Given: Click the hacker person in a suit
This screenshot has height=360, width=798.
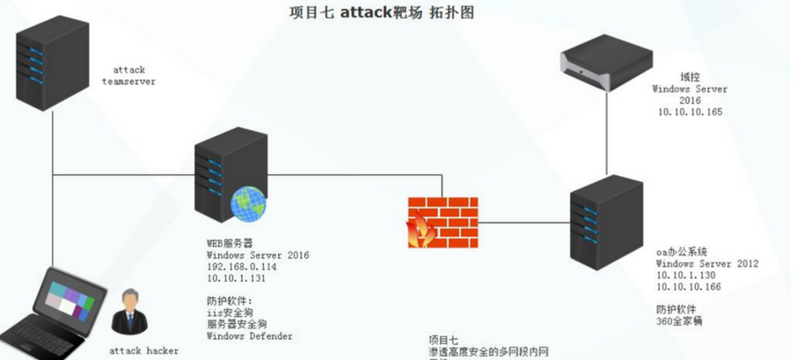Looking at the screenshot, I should point(130,312).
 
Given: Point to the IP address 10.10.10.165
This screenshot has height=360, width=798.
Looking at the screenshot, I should point(689,113).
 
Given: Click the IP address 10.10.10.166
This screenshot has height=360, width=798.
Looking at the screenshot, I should point(690,287).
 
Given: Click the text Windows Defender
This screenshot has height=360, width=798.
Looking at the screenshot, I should point(250,335).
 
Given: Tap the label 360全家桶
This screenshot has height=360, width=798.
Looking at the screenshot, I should point(678,321).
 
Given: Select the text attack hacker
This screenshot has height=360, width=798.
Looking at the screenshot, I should point(143,350).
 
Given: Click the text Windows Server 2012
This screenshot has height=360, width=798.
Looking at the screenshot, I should point(706,263).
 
